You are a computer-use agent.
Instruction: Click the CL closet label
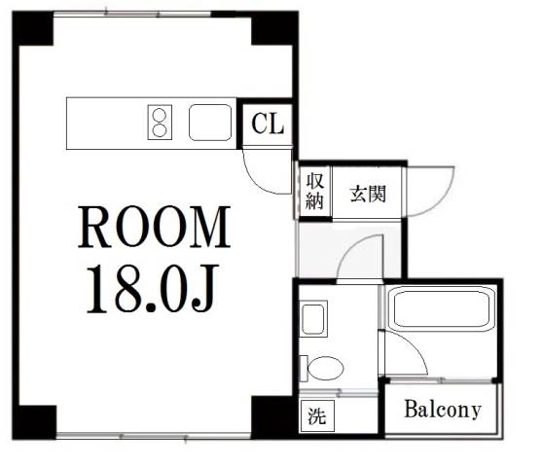coord(268,124)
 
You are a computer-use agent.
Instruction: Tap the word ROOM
coord(154,227)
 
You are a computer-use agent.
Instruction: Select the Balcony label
coord(443,410)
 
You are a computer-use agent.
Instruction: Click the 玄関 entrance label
coord(368,194)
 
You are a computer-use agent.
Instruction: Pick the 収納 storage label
coord(314,191)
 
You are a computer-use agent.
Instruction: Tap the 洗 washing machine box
coord(317,415)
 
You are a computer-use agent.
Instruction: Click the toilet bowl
coord(325,368)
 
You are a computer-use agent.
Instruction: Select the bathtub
coord(442,308)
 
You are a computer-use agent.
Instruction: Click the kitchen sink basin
coord(210,123)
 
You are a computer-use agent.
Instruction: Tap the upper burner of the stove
coord(160,115)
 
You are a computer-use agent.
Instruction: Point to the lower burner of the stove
coord(160,130)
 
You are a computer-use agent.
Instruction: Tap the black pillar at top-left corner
coord(33,28)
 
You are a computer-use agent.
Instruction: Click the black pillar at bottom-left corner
coord(34,422)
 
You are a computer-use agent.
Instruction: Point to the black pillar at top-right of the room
coord(274,28)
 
